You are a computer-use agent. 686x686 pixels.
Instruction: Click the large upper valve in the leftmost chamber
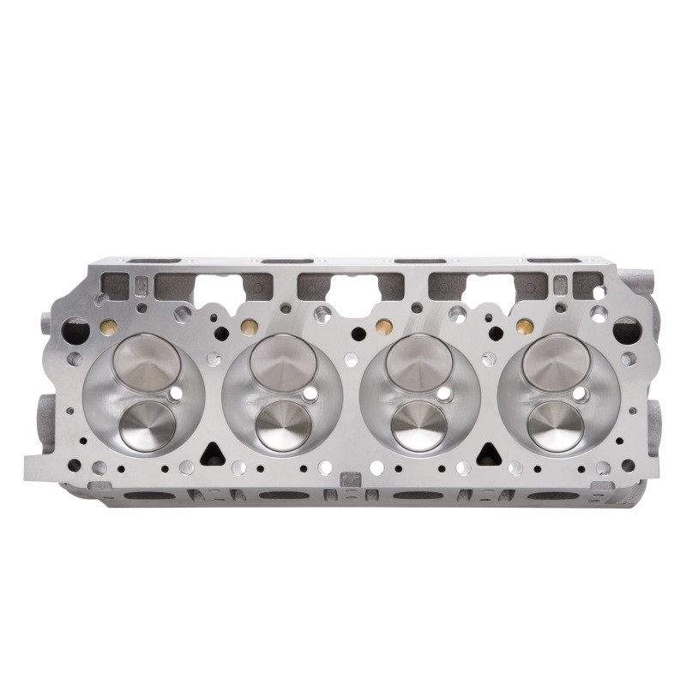tap(147, 360)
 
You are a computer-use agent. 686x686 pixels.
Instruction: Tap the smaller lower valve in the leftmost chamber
tap(147, 425)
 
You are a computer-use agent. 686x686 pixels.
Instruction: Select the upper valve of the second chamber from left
tap(283, 360)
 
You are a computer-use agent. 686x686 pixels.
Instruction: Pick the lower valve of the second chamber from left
tap(283, 425)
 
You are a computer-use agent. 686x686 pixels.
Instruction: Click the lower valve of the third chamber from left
tap(418, 425)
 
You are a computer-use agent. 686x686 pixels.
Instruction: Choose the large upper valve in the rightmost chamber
tap(556, 360)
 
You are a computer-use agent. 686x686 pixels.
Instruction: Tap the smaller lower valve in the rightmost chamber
tap(556, 425)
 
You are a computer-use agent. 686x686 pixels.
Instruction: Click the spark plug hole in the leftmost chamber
tap(176, 394)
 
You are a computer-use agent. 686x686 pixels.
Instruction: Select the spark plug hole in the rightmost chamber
tap(581, 394)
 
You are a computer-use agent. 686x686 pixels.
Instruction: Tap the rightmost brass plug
tap(522, 326)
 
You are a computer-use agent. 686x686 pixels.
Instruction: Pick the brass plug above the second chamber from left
tap(249, 327)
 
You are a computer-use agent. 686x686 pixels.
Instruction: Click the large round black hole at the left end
tap(76, 329)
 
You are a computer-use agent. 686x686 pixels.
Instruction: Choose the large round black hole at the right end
tap(625, 329)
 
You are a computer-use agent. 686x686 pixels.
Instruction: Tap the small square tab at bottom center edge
tap(350, 478)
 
